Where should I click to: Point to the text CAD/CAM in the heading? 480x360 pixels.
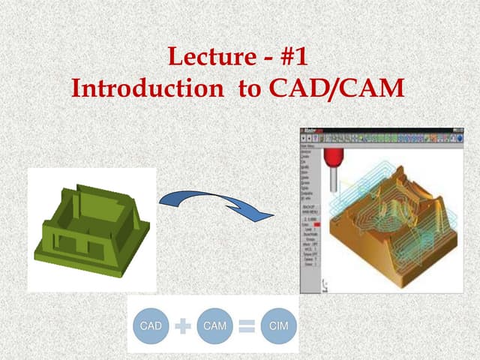[336, 88]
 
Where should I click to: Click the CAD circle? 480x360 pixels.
[151, 326]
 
